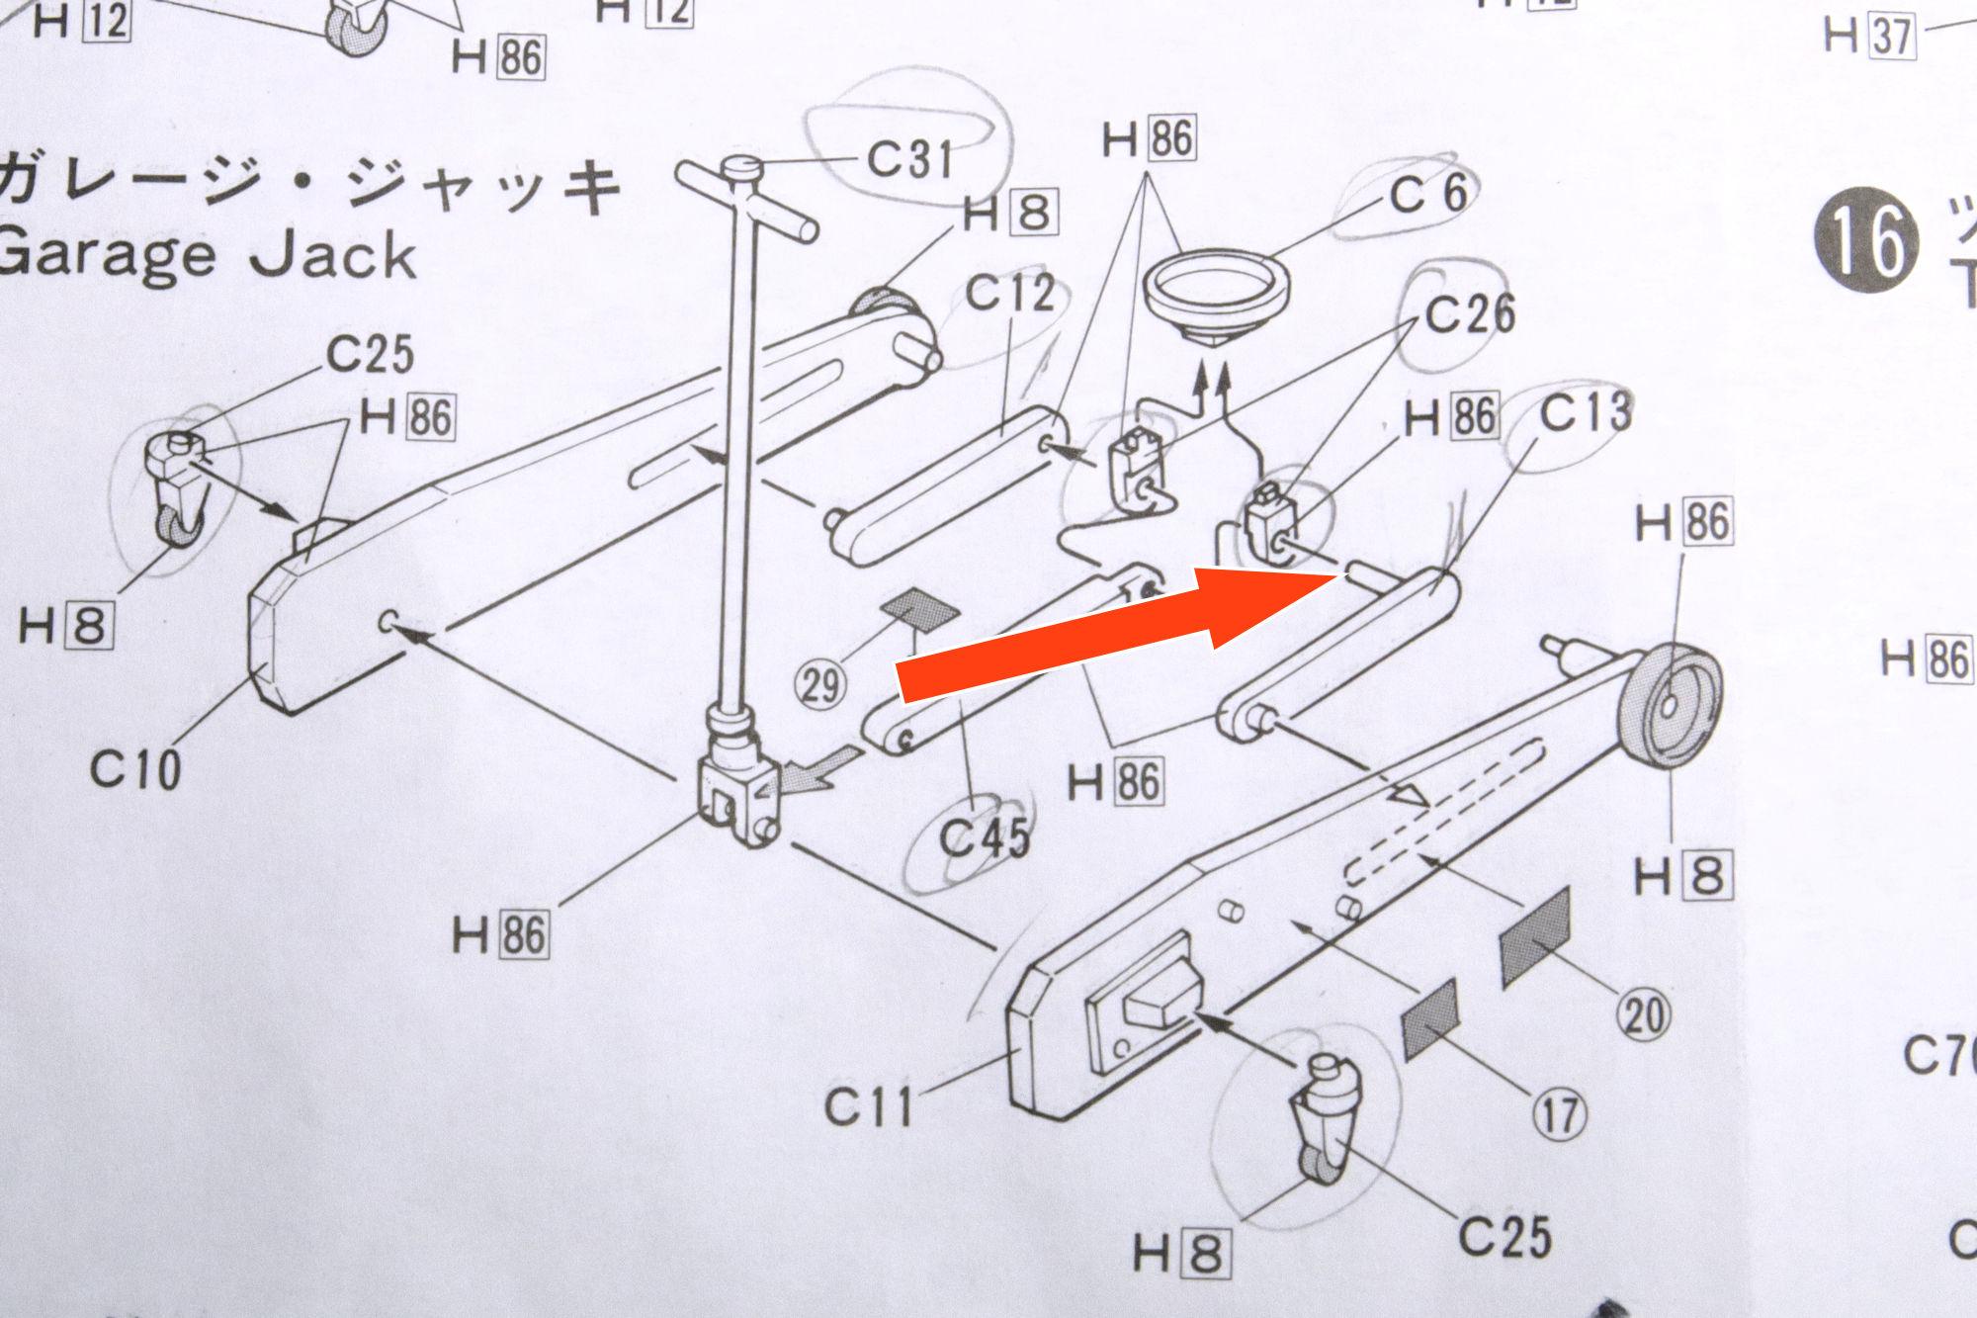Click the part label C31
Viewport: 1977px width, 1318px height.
tap(909, 158)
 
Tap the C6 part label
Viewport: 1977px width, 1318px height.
tap(1428, 193)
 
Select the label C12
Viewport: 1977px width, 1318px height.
tap(1009, 294)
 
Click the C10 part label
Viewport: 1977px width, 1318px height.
tap(135, 768)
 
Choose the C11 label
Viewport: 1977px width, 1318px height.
tap(869, 1106)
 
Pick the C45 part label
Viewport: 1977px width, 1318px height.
tap(984, 839)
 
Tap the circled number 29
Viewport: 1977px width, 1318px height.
tap(820, 684)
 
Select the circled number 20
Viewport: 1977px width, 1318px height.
tap(1643, 1013)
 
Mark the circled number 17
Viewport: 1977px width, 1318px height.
tap(1559, 1113)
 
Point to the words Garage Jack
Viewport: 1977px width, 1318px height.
tap(208, 255)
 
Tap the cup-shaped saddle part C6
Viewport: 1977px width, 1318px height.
tap(1216, 292)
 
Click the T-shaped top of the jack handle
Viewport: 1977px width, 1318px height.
tap(748, 193)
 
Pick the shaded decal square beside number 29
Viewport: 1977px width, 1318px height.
tap(922, 610)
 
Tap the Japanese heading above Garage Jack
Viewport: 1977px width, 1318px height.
tap(306, 188)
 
